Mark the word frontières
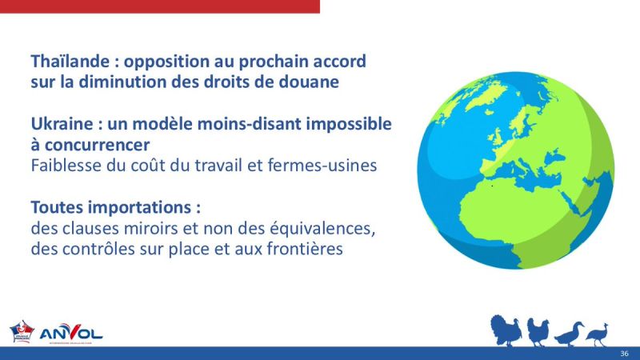coord(300,249)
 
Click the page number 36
coord(624,354)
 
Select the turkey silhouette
coord(506,330)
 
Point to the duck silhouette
coord(569,333)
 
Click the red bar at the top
coord(160,6)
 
